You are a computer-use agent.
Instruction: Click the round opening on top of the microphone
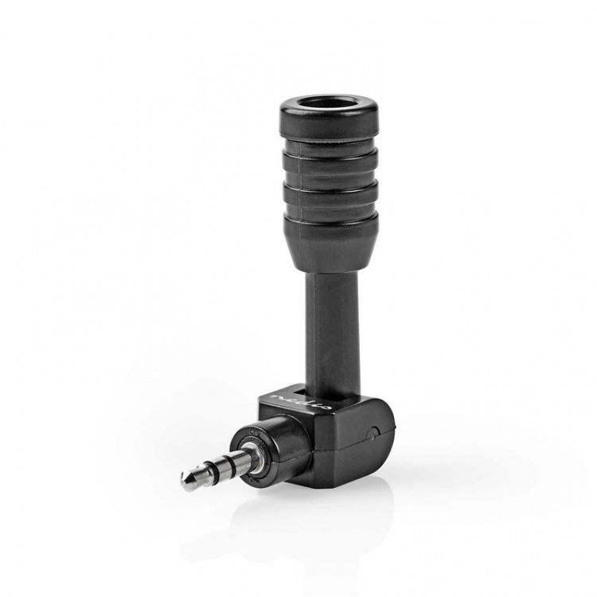coord(328,103)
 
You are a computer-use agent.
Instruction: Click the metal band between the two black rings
coord(217,470)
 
